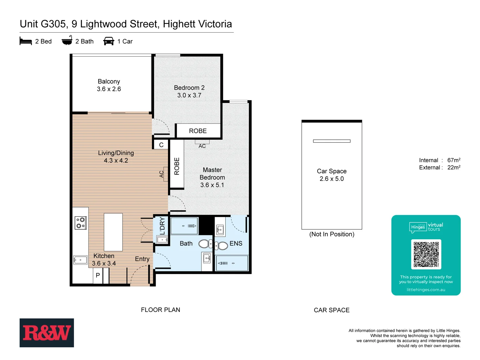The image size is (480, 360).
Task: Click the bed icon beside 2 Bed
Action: coord(26,41)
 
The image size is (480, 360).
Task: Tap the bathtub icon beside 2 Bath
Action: coord(67,41)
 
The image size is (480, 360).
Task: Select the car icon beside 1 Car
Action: coord(109,41)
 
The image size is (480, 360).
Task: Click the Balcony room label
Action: coord(109,81)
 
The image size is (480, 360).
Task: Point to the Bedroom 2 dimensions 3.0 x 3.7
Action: coord(189,95)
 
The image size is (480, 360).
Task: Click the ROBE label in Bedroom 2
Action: coord(198,131)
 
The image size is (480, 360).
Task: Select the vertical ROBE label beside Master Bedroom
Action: coord(177,166)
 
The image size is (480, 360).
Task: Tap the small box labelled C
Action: coord(161,145)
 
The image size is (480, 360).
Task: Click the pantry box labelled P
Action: coord(98,275)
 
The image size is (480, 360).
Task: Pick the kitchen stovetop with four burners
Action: coord(81,223)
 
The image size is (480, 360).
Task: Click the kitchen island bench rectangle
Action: coord(113,232)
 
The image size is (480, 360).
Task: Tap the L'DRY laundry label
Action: coord(162,226)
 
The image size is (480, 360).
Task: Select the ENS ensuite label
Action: coord(236,243)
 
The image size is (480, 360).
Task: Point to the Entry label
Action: coord(142,259)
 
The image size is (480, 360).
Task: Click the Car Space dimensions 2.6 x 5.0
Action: coord(331,179)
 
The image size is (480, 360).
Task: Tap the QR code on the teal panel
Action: coord(426,254)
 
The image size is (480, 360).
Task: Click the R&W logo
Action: coord(47,333)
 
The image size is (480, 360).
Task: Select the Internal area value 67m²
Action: coord(454,160)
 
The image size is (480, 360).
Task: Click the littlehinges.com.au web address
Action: coord(426,290)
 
